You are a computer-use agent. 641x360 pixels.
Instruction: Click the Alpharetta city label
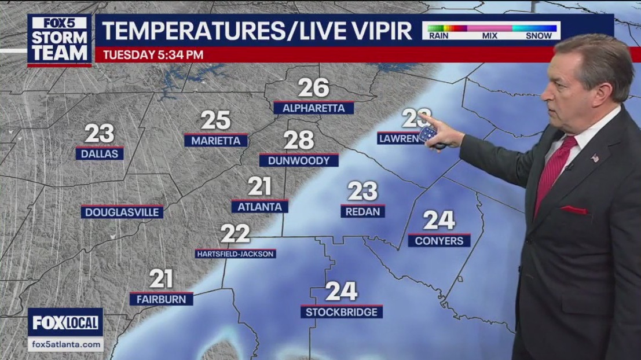tap(313, 108)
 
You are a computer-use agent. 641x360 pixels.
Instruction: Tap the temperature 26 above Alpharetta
tap(313, 88)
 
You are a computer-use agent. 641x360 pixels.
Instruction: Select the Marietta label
tap(215, 141)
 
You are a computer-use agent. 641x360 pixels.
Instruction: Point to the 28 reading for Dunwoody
tap(299, 140)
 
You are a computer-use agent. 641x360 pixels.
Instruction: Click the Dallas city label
tap(99, 154)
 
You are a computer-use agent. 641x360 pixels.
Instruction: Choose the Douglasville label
tap(122, 212)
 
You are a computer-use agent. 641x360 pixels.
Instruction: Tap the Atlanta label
tap(259, 207)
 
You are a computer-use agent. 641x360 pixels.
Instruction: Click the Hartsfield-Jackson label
tap(235, 254)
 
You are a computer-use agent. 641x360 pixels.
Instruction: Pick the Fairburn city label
tap(161, 299)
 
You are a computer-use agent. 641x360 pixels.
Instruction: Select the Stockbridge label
tap(342, 312)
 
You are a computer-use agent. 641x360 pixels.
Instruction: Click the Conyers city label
tap(439, 240)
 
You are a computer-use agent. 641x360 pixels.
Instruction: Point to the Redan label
tap(362, 211)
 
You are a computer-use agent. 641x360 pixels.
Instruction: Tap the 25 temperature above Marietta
tap(215, 120)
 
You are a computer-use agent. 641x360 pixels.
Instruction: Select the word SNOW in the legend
tap(539, 35)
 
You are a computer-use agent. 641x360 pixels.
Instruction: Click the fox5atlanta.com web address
tap(65, 344)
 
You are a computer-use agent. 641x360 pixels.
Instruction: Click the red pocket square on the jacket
tap(573, 210)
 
